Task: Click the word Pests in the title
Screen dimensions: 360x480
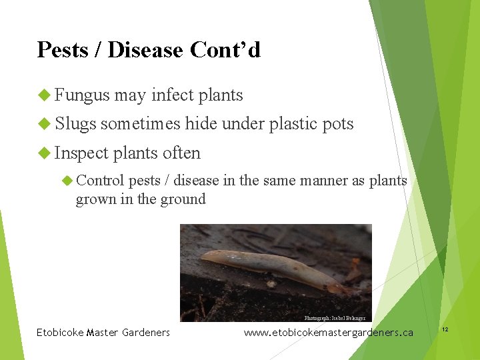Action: [63, 50]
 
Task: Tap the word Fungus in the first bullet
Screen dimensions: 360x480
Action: [82, 95]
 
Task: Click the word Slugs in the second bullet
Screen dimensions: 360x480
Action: [75, 124]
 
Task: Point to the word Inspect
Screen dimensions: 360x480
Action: [81, 153]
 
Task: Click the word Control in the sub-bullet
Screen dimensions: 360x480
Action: [100, 181]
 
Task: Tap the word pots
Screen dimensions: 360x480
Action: [338, 124]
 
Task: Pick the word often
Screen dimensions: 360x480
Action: [181, 153]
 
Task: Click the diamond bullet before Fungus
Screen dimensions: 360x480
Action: [44, 95]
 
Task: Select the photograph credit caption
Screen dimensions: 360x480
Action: [335, 319]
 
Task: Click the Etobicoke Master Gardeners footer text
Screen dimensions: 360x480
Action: [103, 333]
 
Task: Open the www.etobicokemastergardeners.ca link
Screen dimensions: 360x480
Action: [328, 333]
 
